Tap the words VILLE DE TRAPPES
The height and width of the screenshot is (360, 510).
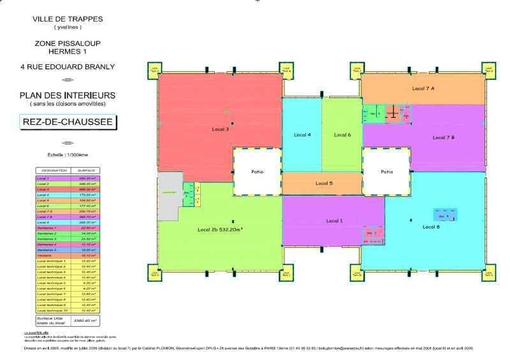[68, 19]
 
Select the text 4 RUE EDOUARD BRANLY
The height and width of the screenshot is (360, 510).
[68, 66]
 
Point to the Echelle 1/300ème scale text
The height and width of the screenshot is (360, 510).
[67, 154]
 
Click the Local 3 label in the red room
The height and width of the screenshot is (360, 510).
[220, 129]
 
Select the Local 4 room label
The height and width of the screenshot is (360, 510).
[302, 134]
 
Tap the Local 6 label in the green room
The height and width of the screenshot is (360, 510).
[342, 134]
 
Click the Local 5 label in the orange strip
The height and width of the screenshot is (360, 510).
[324, 184]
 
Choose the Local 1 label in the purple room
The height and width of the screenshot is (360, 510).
[334, 220]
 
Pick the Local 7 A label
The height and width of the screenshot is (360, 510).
[423, 88]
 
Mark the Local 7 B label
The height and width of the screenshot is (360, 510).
[443, 138]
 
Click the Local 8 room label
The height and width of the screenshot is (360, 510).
[431, 226]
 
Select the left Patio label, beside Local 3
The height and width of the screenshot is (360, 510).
[257, 171]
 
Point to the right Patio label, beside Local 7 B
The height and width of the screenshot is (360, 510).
[386, 171]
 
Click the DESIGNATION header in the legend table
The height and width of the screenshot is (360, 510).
[50, 171]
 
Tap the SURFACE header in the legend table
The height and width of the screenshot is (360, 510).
[86, 171]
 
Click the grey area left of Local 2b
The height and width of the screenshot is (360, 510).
[168, 197]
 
